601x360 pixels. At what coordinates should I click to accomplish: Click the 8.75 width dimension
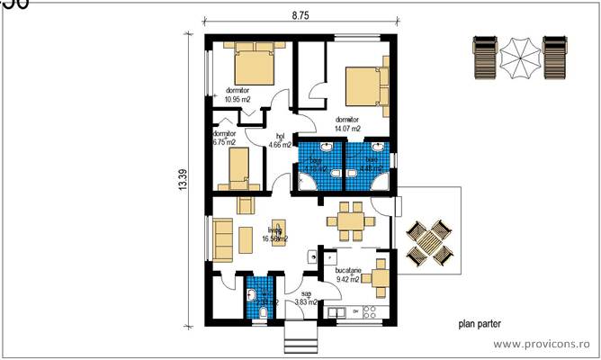(x=300, y=14)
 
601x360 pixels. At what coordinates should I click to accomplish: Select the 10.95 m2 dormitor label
(x=238, y=94)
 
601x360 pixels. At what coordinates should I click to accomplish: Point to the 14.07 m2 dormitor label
(x=346, y=124)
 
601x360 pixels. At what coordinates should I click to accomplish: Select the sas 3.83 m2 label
(x=307, y=298)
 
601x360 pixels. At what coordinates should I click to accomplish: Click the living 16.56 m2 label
(x=274, y=234)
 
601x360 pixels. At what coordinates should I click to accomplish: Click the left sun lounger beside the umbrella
(x=483, y=57)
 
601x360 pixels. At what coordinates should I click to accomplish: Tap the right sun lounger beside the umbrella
(x=555, y=57)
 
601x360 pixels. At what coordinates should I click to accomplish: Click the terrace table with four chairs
(x=430, y=240)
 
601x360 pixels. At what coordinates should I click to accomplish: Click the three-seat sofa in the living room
(x=222, y=238)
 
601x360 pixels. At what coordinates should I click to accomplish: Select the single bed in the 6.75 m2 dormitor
(x=238, y=168)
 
